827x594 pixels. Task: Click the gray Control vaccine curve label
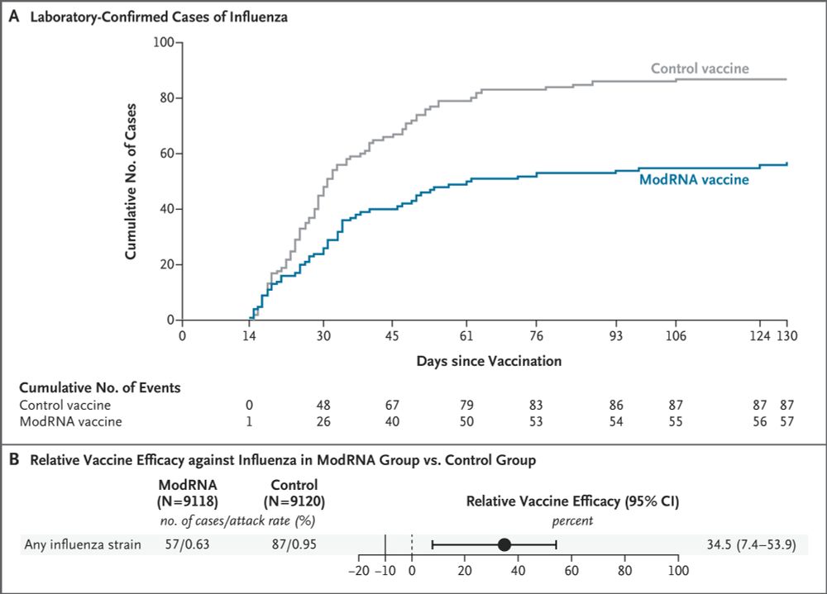(700, 69)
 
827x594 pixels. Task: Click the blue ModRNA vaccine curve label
(694, 179)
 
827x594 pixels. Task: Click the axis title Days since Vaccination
(489, 360)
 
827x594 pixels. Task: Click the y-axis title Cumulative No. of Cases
(131, 181)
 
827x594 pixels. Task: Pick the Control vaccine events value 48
(323, 406)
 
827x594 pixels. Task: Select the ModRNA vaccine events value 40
(392, 422)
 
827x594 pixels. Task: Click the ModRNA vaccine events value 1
(249, 422)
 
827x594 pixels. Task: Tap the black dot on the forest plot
(504, 544)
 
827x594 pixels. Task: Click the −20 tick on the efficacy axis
(358, 570)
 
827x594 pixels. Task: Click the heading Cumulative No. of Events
(100, 387)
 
